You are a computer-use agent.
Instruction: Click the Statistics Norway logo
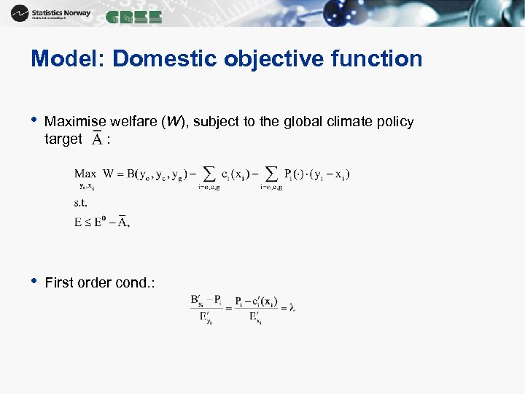tap(51, 14)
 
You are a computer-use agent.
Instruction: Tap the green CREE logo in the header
tap(133, 18)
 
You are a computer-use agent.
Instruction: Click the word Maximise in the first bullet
tap(74, 122)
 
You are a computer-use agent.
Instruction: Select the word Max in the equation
tap(85, 174)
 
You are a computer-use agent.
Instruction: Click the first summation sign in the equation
tap(209, 174)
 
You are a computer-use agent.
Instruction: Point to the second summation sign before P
tap(271, 174)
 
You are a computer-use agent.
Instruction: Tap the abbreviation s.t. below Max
tap(80, 204)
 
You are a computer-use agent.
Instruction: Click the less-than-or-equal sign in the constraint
tap(87, 222)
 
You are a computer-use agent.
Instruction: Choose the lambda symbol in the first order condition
tap(292, 307)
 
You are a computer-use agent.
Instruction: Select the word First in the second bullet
tap(58, 283)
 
